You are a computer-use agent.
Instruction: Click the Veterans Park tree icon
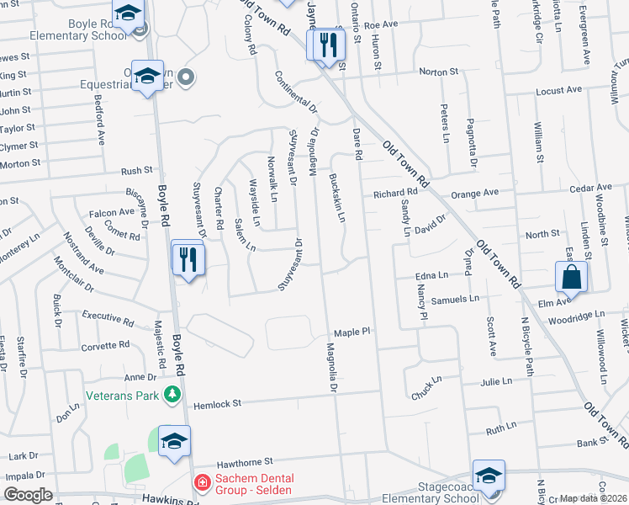(172, 394)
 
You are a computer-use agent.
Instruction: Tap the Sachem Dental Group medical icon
(202, 483)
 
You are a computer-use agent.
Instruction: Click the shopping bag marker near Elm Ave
(571, 277)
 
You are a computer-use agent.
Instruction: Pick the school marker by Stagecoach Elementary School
(489, 476)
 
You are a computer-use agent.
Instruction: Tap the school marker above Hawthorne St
(174, 442)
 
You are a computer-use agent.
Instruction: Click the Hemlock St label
(218, 404)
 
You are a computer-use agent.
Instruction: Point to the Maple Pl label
(351, 332)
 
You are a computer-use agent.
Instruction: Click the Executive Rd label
(108, 318)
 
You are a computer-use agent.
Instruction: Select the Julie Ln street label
(496, 381)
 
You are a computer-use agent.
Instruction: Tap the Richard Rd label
(395, 194)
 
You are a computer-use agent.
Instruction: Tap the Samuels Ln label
(455, 299)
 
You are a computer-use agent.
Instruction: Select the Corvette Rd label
(105, 346)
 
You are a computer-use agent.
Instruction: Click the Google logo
(28, 495)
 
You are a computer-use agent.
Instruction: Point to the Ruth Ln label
(500, 428)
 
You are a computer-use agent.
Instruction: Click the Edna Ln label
(431, 275)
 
